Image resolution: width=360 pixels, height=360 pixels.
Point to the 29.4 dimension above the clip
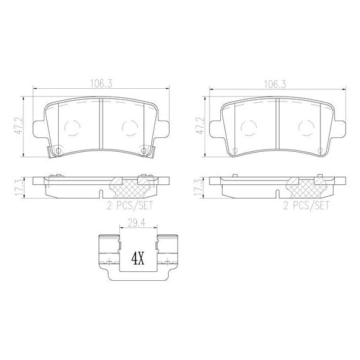[136, 224]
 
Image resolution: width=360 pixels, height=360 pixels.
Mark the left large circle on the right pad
[248, 128]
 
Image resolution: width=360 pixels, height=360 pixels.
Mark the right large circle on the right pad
[306, 128]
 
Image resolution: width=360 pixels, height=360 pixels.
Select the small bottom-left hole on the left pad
[58, 150]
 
